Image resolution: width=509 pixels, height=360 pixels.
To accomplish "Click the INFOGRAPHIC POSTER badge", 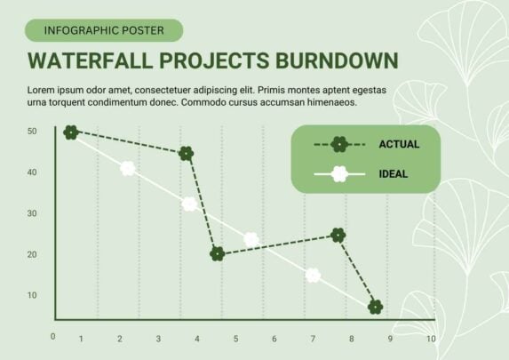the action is click(104, 30).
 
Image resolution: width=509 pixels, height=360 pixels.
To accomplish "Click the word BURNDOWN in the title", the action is click(337, 60).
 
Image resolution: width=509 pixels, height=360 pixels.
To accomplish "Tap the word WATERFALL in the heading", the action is click(91, 60).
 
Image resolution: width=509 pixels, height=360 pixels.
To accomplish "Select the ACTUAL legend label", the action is click(399, 144).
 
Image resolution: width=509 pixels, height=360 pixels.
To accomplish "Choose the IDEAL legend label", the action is click(394, 174).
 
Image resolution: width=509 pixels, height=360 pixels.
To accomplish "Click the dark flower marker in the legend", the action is click(339, 145).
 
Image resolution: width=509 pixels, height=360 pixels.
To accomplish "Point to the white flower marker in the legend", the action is click(339, 174).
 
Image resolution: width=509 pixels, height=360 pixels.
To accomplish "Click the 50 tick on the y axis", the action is click(32, 132).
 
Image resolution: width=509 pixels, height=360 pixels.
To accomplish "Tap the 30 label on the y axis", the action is click(32, 213).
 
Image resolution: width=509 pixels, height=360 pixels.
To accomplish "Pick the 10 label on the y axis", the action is click(32, 295).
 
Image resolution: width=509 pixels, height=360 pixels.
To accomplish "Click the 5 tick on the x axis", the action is click(235, 339).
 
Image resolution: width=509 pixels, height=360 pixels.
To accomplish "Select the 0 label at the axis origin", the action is click(53, 337).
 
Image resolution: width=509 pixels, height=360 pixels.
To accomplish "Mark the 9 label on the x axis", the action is click(390, 339).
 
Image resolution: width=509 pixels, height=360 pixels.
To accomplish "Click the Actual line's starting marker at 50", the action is click(71, 132).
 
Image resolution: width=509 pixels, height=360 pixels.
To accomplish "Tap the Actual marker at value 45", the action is click(187, 154).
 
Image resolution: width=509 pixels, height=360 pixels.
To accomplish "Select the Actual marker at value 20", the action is click(217, 253).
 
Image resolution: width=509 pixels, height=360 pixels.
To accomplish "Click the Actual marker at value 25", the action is click(338, 236).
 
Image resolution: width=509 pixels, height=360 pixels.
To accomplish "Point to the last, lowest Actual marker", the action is click(375, 307).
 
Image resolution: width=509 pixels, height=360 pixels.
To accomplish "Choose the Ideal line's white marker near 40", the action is click(128, 168).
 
